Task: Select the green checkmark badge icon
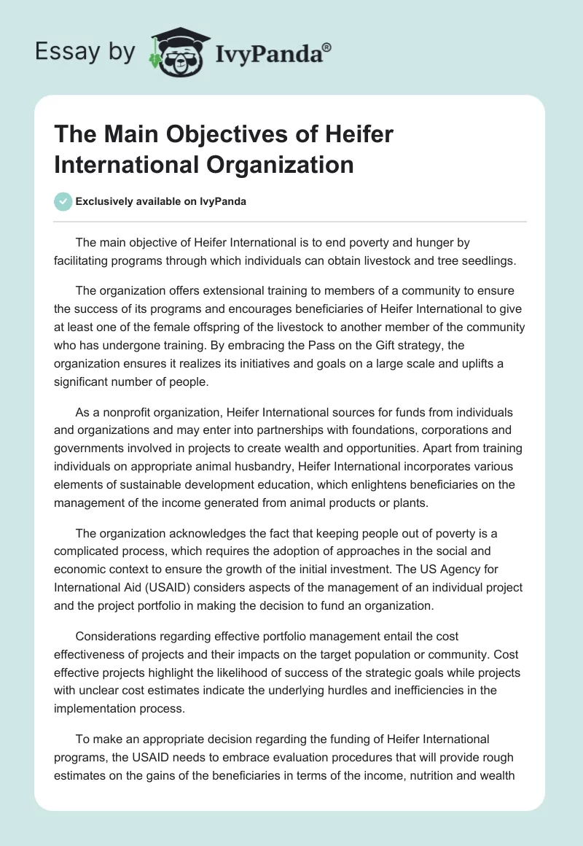click(63, 201)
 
